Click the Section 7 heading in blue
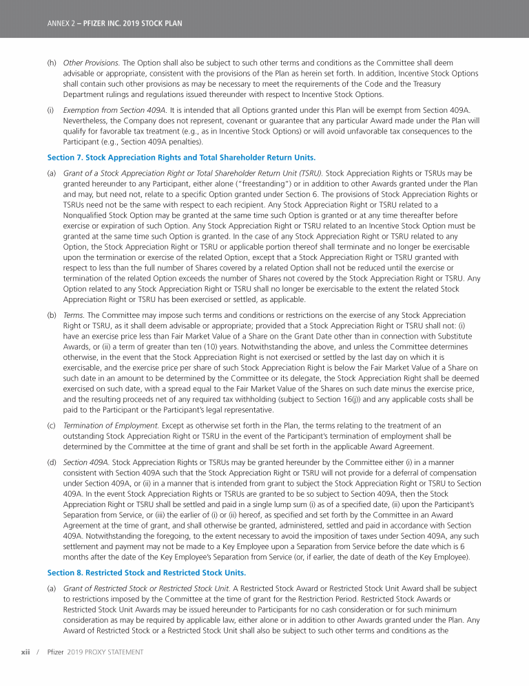pos(181,157)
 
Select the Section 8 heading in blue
pos(146,572)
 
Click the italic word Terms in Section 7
pos(72,314)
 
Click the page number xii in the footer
pos(26,651)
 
